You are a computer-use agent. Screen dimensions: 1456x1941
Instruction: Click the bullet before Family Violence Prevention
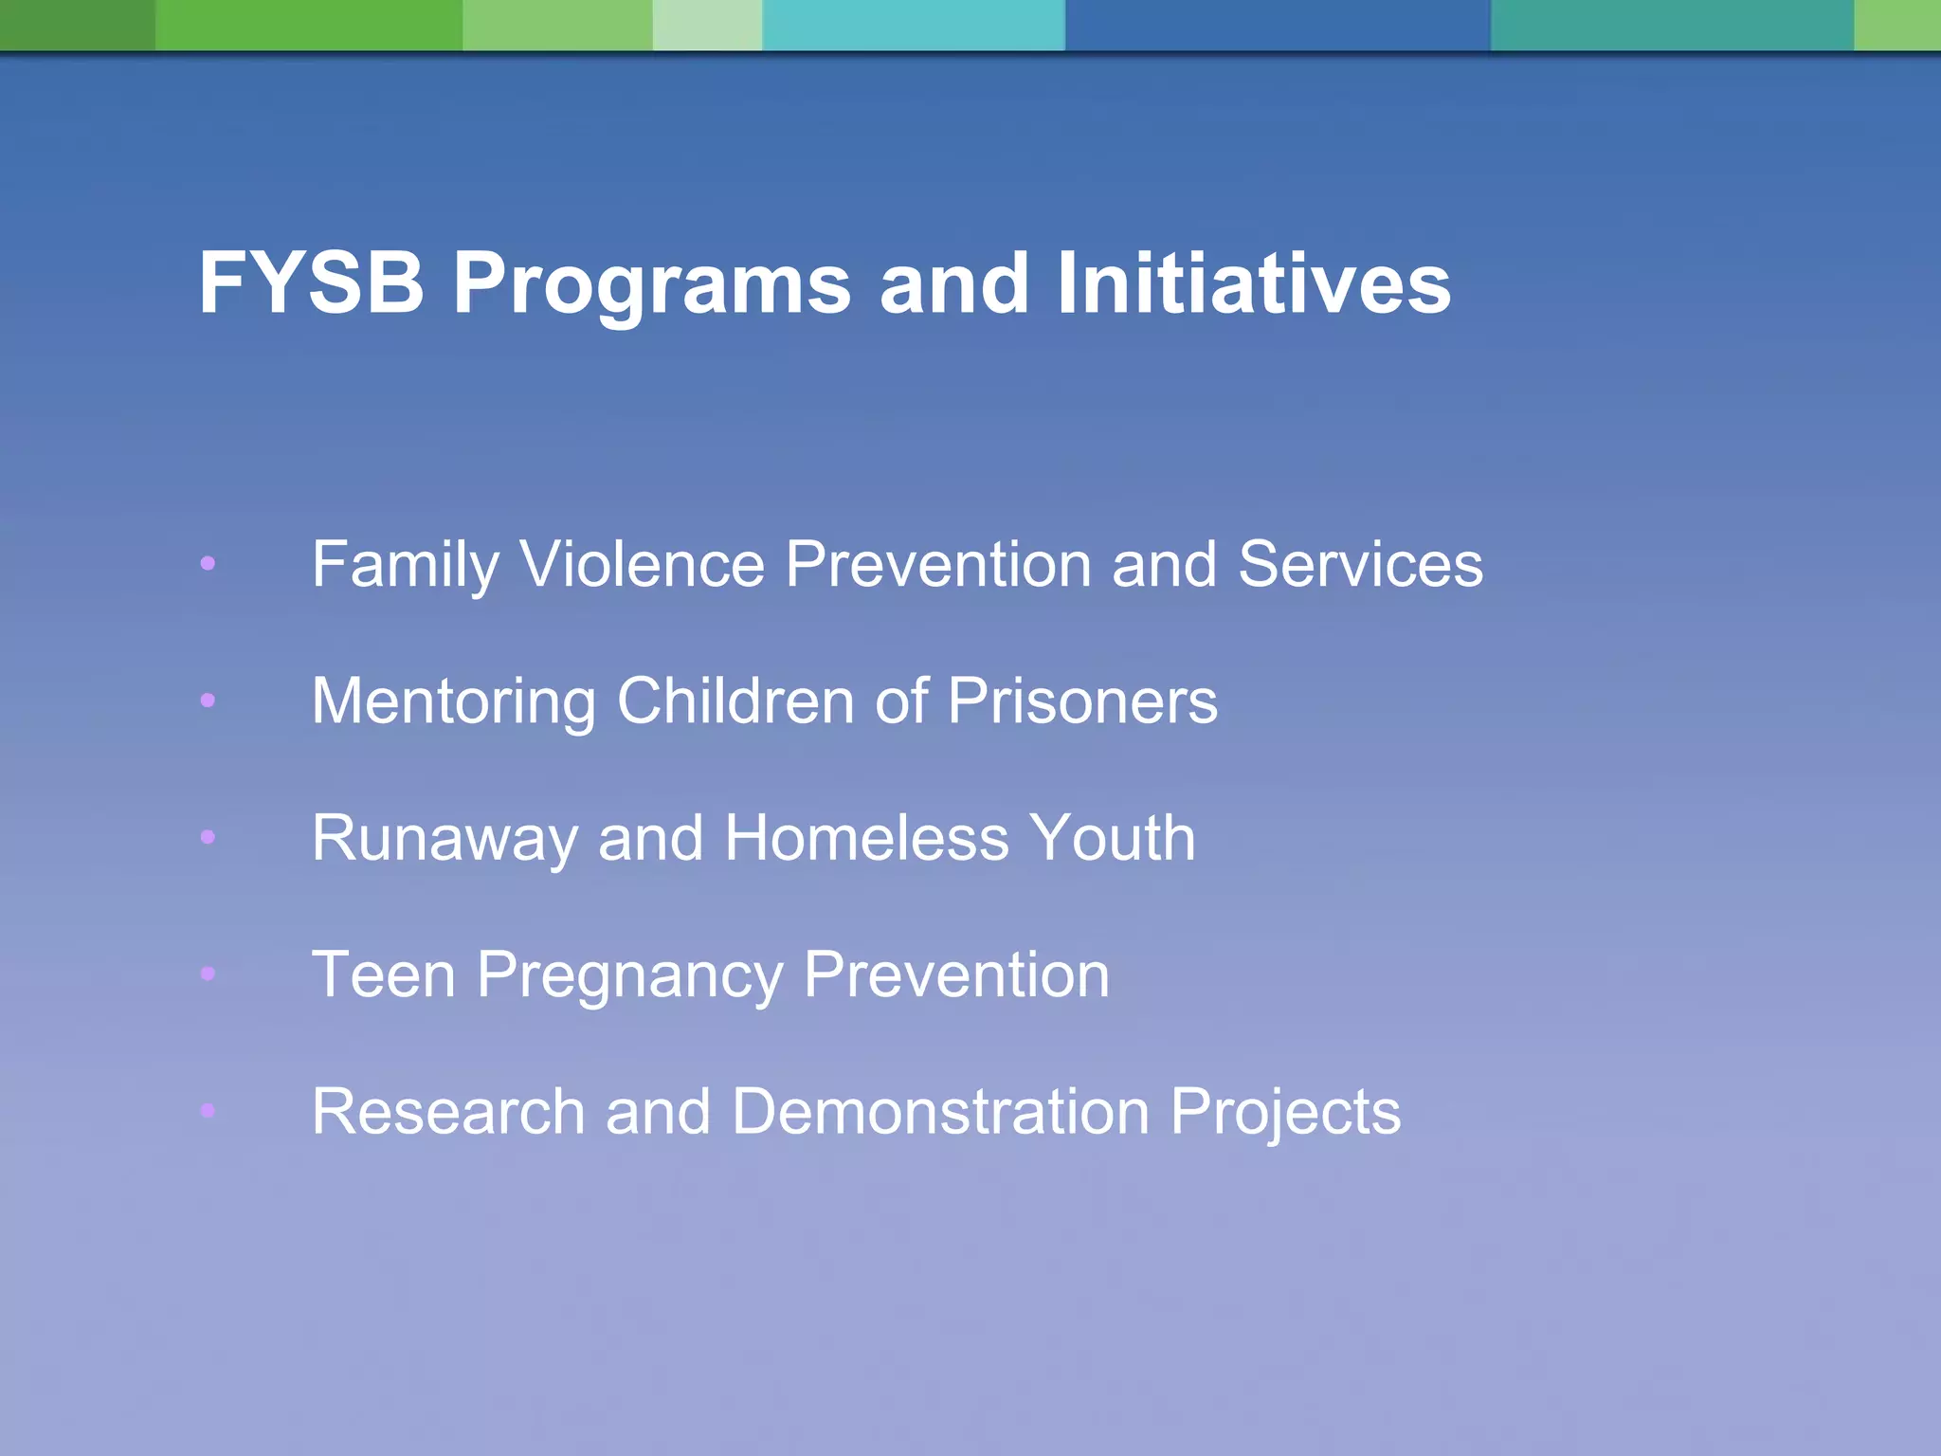(x=208, y=564)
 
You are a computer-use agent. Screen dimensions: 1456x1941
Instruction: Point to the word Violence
(x=643, y=564)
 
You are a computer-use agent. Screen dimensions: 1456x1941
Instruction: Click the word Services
(x=1360, y=564)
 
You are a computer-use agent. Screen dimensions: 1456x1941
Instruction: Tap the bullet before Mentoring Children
(x=208, y=701)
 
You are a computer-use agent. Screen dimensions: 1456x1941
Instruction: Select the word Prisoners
(x=1082, y=701)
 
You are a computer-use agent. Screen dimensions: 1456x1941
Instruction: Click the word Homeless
(x=866, y=838)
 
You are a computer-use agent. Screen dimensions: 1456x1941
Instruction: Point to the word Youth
(x=1113, y=838)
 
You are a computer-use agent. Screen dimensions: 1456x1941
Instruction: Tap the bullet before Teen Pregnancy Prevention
(x=208, y=974)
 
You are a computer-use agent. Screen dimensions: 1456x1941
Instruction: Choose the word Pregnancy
(x=629, y=976)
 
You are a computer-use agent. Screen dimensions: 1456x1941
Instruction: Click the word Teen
(x=384, y=974)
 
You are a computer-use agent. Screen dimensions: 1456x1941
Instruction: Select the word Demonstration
(x=940, y=1111)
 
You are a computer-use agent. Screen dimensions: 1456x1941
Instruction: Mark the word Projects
(x=1285, y=1113)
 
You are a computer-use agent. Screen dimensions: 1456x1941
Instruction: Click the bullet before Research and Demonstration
(x=208, y=1110)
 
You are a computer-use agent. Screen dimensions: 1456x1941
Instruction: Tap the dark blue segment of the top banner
(x=1278, y=25)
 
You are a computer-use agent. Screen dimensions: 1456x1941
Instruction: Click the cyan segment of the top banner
(x=914, y=25)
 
